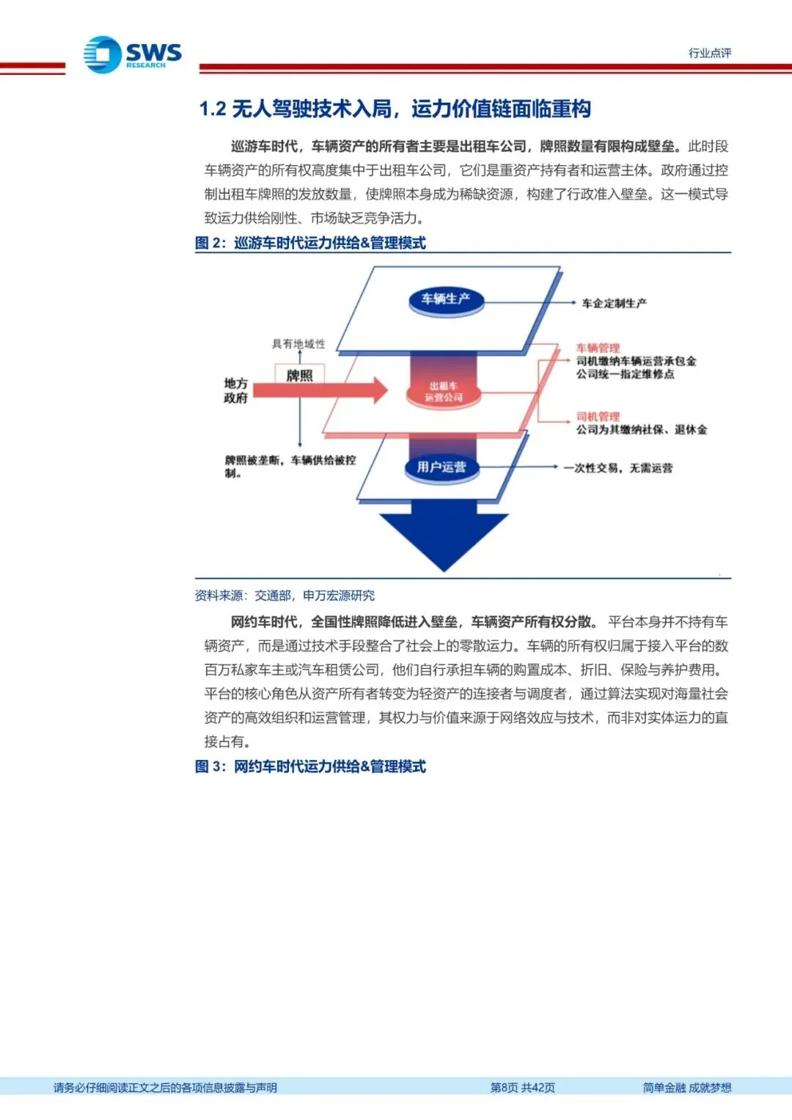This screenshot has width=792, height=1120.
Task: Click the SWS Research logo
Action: [x=132, y=55]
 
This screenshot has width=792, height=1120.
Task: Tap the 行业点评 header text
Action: [x=709, y=53]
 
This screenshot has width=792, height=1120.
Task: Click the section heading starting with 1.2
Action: [x=395, y=109]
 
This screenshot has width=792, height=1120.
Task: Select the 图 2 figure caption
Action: [x=310, y=243]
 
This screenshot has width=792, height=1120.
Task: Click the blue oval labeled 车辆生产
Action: [x=445, y=299]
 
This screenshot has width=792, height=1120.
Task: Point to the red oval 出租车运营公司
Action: [x=444, y=392]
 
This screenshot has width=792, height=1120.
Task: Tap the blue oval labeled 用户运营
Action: [x=441, y=467]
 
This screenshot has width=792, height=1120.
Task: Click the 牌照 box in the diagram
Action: [x=299, y=376]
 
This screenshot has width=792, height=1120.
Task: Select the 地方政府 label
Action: [x=235, y=390]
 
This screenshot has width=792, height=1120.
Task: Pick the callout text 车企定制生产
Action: [x=614, y=303]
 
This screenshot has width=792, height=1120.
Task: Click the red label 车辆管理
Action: [x=598, y=348]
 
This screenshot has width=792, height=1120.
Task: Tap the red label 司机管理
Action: [x=598, y=416]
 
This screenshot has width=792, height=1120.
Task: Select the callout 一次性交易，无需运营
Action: [x=617, y=467]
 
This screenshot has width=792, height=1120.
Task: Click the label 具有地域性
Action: [x=298, y=343]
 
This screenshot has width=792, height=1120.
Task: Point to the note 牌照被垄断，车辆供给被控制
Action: [x=290, y=466]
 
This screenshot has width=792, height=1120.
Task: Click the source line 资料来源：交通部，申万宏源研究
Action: [x=285, y=596]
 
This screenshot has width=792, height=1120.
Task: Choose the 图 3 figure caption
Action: [x=310, y=766]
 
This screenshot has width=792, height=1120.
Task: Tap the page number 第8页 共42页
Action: [x=522, y=1088]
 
